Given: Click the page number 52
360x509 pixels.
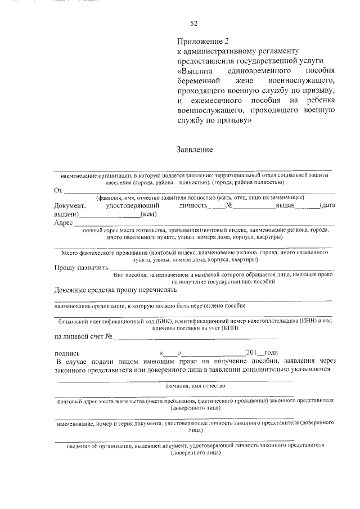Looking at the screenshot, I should click(194, 23).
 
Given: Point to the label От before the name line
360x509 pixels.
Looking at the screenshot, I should click(58, 191).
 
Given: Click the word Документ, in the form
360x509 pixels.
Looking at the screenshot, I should click(70, 206).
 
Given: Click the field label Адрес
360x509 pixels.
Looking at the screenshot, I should click(64, 223).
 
